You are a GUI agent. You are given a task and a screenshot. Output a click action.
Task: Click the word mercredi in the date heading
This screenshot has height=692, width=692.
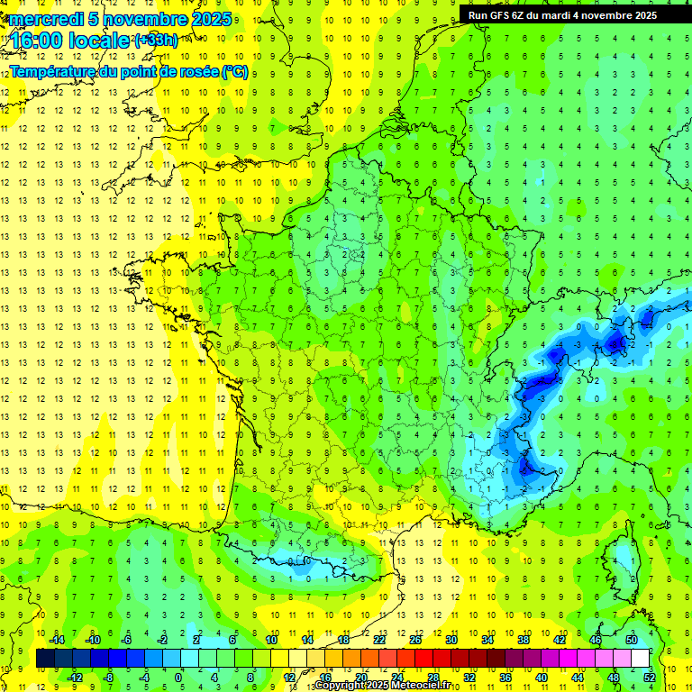[45, 19]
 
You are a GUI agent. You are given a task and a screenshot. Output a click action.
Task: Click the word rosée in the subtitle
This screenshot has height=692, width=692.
[197, 72]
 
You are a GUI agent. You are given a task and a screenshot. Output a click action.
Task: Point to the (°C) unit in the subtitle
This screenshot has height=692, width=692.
[234, 72]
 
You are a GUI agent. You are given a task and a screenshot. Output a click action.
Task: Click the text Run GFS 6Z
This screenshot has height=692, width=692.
[498, 15]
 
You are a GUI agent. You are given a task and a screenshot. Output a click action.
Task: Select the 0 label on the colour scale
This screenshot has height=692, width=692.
[178, 677]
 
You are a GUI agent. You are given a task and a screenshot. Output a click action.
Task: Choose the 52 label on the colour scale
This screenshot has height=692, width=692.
[650, 677]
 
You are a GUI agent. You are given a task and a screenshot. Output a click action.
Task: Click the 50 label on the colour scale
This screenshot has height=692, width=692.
[631, 640]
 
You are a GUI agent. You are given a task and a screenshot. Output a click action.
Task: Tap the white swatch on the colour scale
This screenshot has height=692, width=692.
[640, 659]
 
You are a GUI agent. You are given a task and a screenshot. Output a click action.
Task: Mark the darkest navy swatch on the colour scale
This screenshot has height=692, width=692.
[45, 659]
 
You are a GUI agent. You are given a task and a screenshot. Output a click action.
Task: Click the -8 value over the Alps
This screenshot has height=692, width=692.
[615, 344]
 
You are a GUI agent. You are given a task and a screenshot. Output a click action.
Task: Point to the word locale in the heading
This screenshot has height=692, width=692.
[99, 41]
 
